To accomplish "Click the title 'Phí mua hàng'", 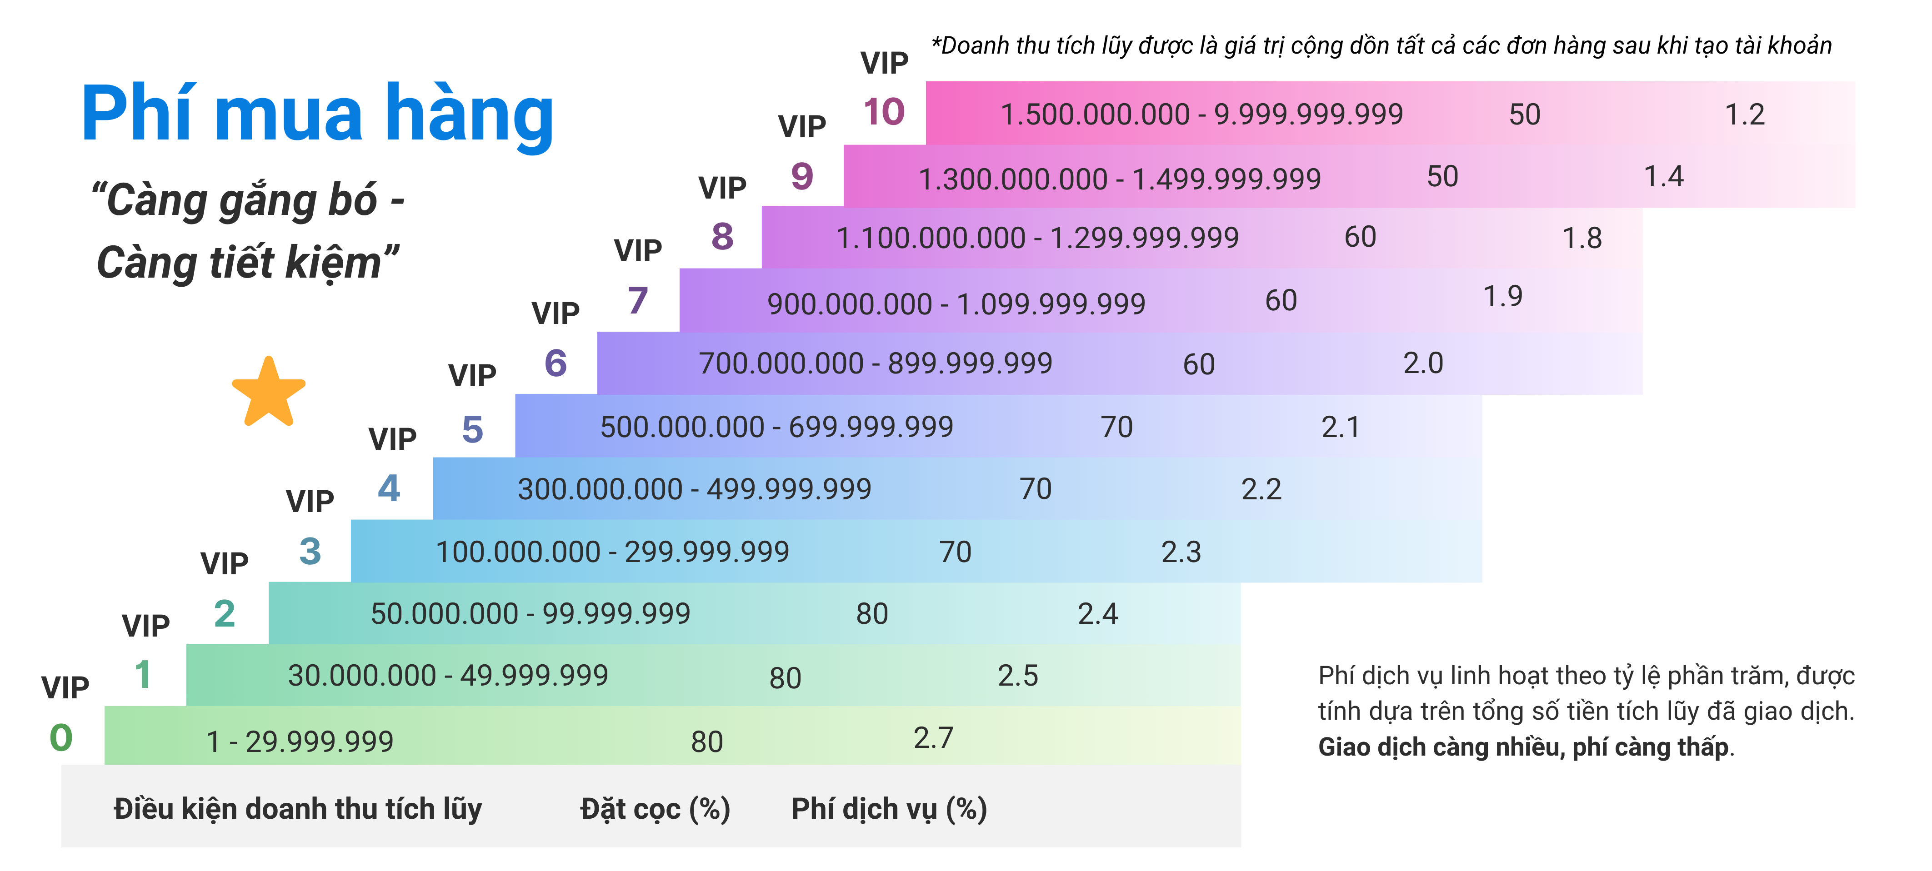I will (x=317, y=114).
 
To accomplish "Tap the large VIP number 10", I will (x=884, y=112).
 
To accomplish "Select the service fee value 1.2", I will (x=1745, y=114).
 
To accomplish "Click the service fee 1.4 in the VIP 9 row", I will (x=1663, y=177).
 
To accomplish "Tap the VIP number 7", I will (x=637, y=301).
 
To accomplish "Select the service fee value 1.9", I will (x=1503, y=297).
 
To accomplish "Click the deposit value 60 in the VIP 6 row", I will (x=1198, y=364).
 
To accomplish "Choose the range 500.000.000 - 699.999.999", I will (x=776, y=427).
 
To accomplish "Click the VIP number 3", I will (x=310, y=552).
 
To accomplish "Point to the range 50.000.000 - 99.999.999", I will (x=530, y=614).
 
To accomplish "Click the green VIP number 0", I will (x=61, y=737).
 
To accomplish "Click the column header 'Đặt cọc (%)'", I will (x=655, y=809).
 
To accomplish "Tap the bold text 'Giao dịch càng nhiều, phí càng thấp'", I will (x=1523, y=747).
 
